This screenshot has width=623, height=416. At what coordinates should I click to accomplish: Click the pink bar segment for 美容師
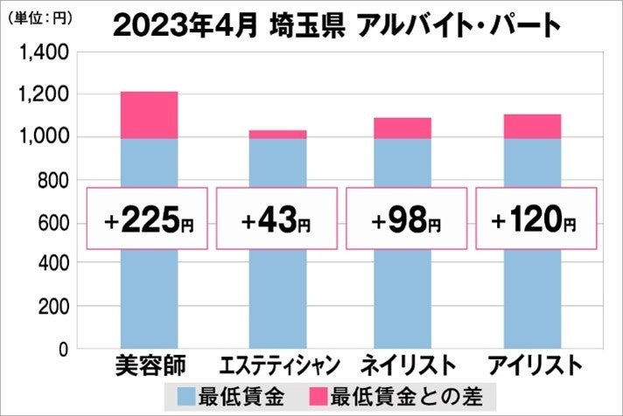tap(149, 114)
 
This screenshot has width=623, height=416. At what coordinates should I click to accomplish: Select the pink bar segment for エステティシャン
tap(277, 134)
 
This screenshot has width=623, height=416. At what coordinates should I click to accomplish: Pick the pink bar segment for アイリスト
tap(533, 126)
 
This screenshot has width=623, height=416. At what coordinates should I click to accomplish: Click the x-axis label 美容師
tap(148, 364)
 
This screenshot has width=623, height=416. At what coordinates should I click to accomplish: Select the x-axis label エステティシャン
tap(276, 364)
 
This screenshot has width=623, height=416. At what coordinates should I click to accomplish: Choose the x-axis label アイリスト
tap(534, 364)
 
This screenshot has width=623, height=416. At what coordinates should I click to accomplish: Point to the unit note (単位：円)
tap(35, 14)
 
